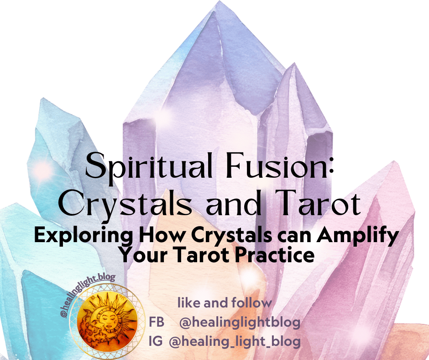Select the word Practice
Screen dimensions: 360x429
[274, 255]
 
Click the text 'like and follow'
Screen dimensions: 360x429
[224, 302]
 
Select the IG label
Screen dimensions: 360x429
[156, 341]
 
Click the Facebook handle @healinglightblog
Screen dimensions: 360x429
[240, 323]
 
